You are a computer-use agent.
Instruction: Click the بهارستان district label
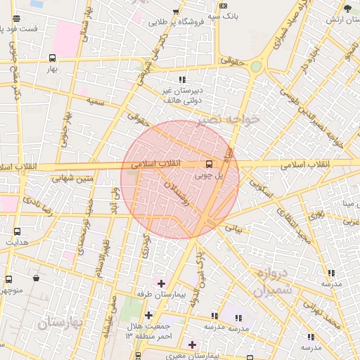pos(60,322)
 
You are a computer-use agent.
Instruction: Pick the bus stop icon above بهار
pos(52,58)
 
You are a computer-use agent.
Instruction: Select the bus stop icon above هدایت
pos(18,231)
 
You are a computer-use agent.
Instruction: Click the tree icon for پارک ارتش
pos(347,8)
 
